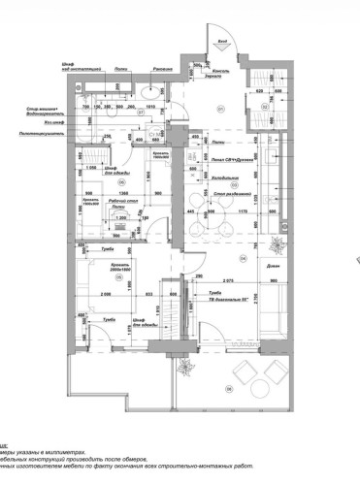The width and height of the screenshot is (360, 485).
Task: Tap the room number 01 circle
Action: click(220, 108)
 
